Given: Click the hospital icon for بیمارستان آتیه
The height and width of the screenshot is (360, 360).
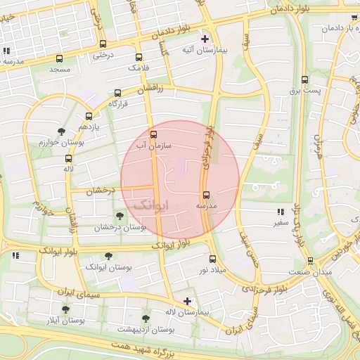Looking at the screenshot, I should pyautogui.click(x=205, y=39).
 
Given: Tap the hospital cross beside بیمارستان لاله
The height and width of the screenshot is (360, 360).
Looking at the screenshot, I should pyautogui.click(x=186, y=301).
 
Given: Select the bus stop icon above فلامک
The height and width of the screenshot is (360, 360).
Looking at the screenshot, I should pyautogui.click(x=139, y=58).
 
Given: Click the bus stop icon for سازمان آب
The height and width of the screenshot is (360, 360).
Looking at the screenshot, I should pyautogui.click(x=154, y=134).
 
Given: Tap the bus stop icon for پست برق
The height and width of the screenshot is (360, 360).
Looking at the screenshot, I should pyautogui.click(x=304, y=80).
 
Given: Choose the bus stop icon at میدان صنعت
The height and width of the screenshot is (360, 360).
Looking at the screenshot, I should pyautogui.click(x=291, y=259).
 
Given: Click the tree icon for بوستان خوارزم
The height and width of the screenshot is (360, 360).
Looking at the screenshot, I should pyautogui.click(x=62, y=131).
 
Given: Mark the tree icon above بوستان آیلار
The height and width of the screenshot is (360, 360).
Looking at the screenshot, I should pyautogui.click(x=65, y=309).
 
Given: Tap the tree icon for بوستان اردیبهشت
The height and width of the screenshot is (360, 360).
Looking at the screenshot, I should pyautogui.click(x=146, y=318).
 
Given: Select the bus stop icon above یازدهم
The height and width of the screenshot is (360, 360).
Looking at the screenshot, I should pyautogui.click(x=89, y=116).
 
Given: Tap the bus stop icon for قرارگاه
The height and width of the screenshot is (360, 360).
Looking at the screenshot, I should pyautogui.click(x=117, y=93).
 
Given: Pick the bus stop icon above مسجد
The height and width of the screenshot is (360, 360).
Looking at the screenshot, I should pyautogui.click(x=59, y=59).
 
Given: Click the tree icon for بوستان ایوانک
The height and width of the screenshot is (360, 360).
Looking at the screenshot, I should pyautogui.click(x=108, y=257).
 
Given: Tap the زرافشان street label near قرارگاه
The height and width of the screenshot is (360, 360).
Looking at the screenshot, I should pyautogui.click(x=150, y=89).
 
